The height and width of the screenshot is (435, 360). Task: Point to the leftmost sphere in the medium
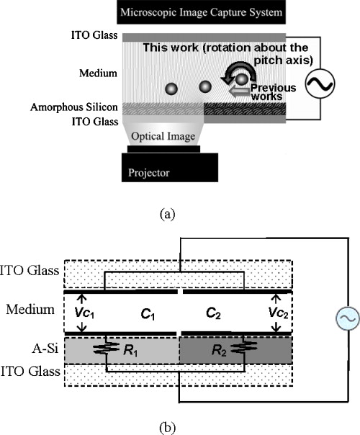coord(171,89)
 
